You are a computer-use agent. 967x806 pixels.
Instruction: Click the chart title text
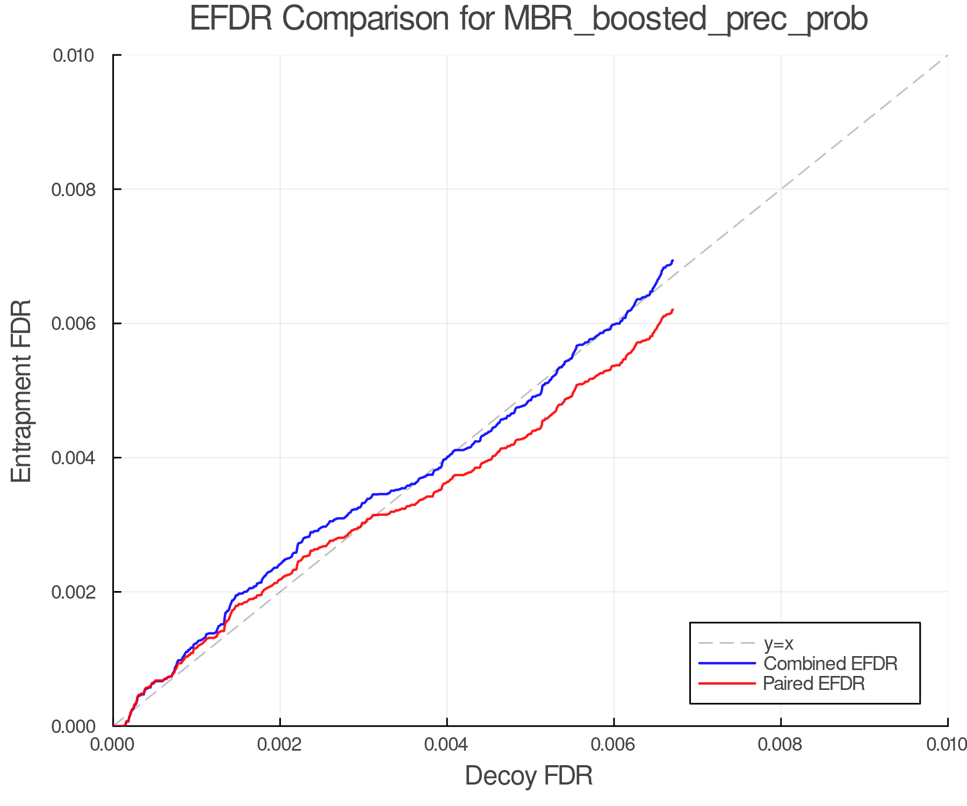529,19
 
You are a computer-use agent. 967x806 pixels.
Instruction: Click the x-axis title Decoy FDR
529,776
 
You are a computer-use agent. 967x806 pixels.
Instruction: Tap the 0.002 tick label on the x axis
280,745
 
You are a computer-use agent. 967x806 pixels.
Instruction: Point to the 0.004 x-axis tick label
447,745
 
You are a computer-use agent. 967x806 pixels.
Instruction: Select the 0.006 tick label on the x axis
614,745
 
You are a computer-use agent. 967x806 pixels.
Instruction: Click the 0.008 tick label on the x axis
781,745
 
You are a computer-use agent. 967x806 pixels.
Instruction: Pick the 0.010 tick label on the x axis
947,745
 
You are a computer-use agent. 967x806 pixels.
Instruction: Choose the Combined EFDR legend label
831,664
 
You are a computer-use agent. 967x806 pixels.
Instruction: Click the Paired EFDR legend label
814,683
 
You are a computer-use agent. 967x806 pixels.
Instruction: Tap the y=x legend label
778,643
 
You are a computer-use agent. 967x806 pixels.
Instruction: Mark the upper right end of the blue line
673,261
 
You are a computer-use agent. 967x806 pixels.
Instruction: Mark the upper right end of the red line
673,310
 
